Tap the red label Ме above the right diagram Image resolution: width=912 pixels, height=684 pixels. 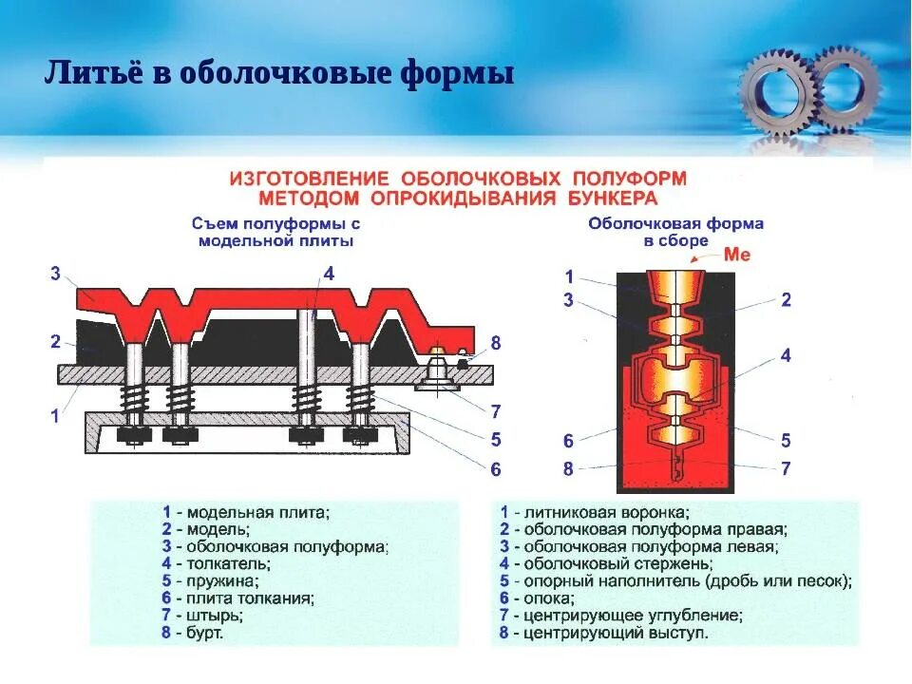[737, 254]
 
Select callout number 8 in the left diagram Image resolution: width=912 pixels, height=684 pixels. [495, 343]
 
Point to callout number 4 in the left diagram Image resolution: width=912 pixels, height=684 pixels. [329, 275]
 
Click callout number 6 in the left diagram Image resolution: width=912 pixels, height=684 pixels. [495, 468]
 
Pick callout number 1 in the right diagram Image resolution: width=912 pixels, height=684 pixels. [569, 277]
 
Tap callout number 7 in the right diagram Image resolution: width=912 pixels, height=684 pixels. [786, 468]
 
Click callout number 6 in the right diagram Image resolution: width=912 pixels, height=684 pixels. [569, 441]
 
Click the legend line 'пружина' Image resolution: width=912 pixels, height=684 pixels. [211, 580]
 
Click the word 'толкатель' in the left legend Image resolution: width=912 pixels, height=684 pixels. [223, 563]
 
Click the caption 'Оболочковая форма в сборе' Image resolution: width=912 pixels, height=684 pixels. [675, 233]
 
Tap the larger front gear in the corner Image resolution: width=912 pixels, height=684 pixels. [776, 90]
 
